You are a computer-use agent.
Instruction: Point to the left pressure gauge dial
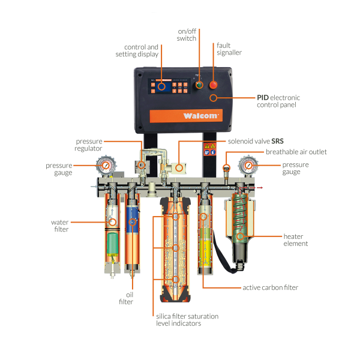tap(105, 166)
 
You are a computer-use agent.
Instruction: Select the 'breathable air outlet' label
tap(296, 152)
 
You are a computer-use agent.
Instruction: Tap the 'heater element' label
tap(295, 239)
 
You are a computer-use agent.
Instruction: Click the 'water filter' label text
tap(60, 225)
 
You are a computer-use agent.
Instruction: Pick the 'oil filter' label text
tap(130, 298)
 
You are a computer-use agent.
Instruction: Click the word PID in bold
tap(263, 97)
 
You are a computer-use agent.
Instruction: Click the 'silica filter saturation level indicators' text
tap(188, 320)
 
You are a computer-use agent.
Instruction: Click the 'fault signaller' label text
tap(229, 49)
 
